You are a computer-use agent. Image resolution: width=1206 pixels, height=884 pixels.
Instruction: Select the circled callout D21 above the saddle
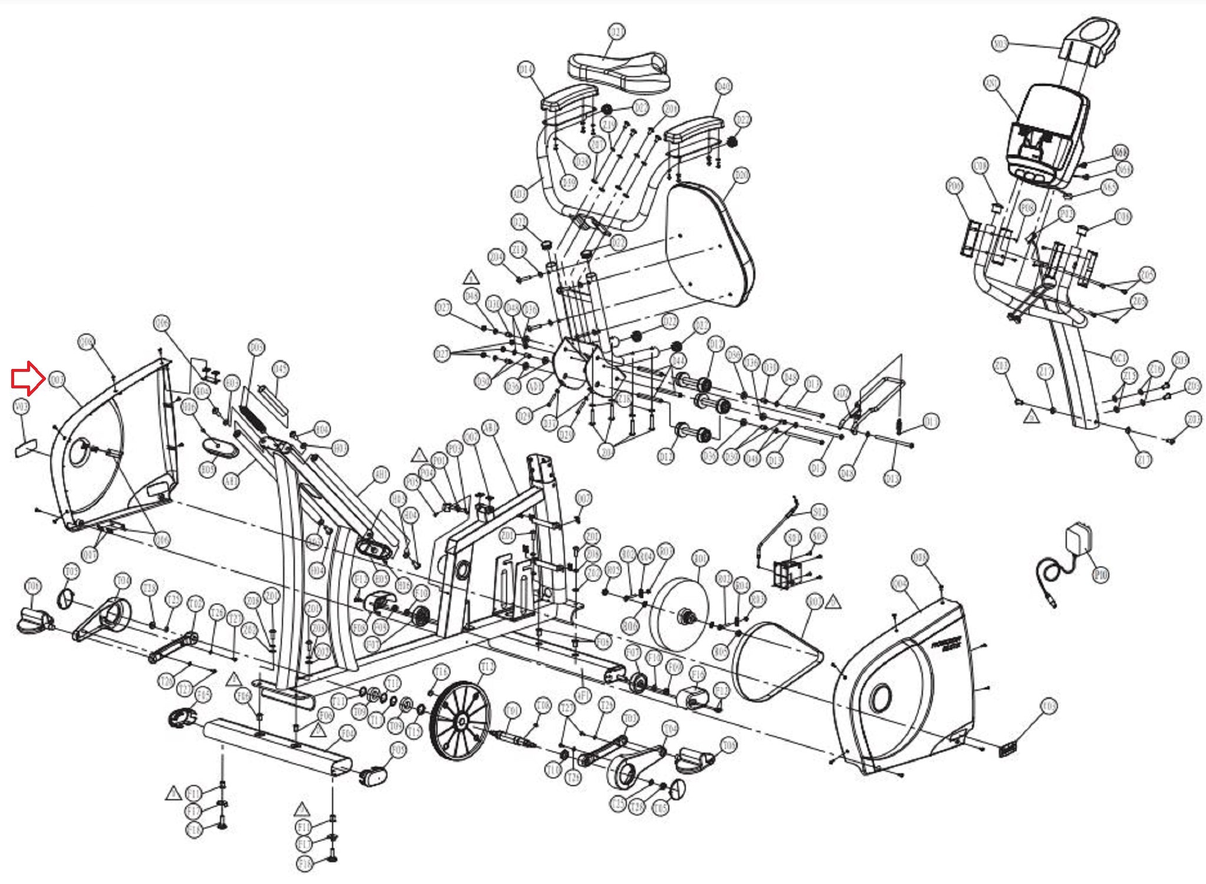(617, 31)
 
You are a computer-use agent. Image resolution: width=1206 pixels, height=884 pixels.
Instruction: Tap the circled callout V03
(21, 407)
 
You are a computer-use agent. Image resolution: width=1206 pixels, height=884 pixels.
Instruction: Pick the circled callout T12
(487, 667)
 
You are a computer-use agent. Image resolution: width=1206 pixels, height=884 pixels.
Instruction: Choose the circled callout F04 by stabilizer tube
(348, 734)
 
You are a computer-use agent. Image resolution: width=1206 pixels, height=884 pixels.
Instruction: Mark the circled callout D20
(741, 175)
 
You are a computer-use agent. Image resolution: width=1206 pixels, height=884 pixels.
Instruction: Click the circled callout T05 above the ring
(71, 571)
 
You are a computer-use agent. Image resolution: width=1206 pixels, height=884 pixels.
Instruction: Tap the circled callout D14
(525, 70)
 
